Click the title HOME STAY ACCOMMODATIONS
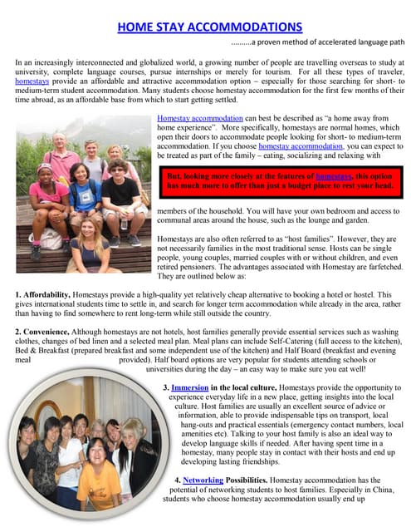[209, 27]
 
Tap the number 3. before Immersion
[167, 388]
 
